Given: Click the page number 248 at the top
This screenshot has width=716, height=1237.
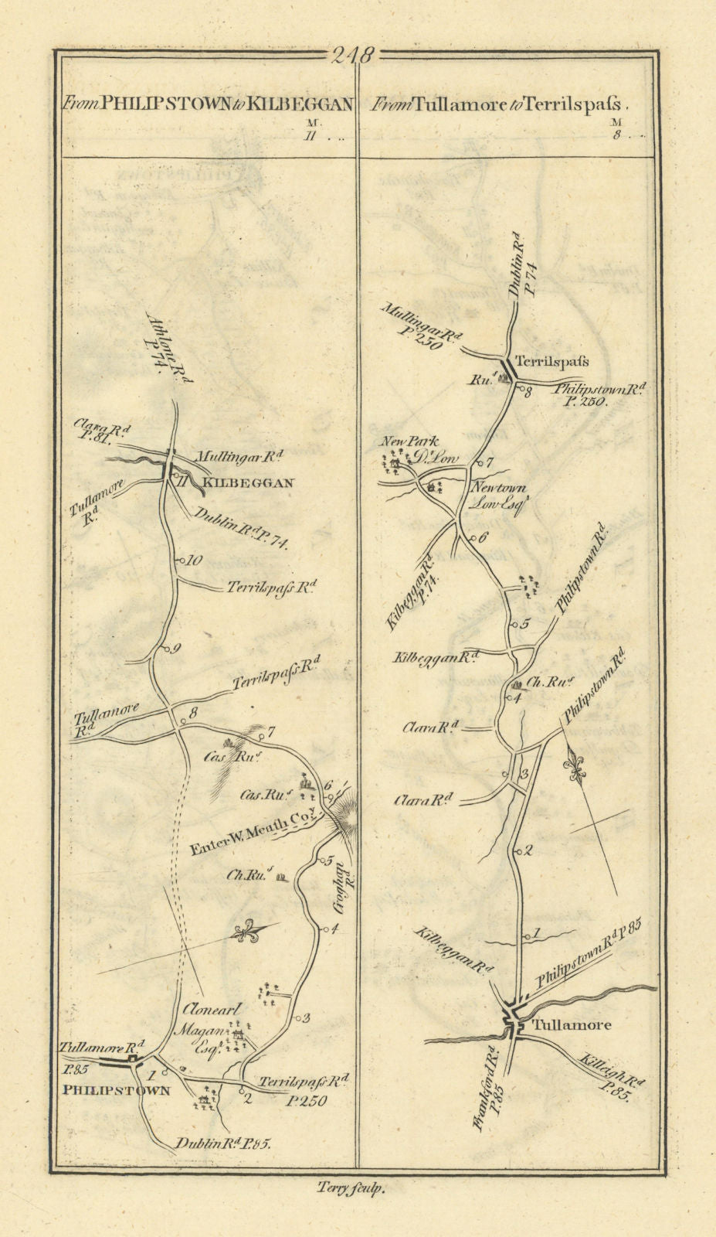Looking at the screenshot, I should pyautogui.click(x=353, y=56).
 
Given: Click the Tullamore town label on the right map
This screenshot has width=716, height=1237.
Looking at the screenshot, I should pyautogui.click(x=572, y=1025).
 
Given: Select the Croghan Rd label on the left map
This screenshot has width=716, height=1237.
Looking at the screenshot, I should pyautogui.click(x=342, y=889).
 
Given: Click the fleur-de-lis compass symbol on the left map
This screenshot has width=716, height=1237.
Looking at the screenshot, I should pyautogui.click(x=248, y=932).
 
